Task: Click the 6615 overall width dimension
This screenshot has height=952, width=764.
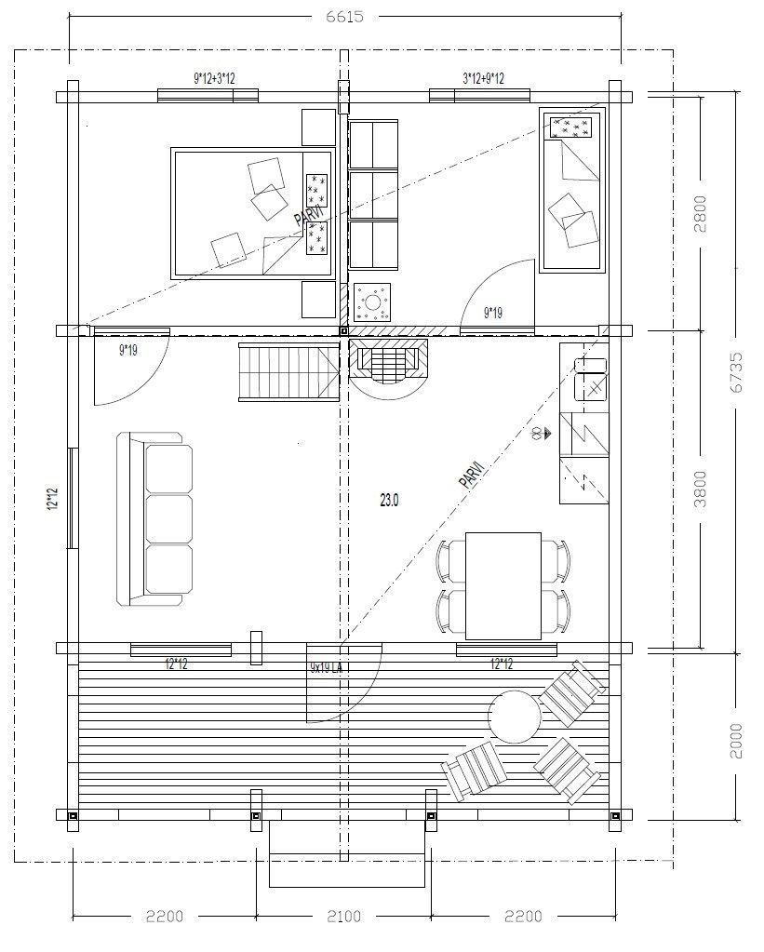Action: [344, 17]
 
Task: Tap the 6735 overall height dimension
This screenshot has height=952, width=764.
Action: [735, 373]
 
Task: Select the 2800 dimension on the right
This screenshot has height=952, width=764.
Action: [700, 214]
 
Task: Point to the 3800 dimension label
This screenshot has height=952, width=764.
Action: [700, 489]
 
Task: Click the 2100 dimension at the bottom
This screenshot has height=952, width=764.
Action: [343, 916]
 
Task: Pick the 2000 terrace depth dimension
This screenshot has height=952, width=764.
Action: [735, 741]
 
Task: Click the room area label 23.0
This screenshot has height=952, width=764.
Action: [389, 501]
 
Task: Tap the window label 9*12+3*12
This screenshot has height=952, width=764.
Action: [214, 78]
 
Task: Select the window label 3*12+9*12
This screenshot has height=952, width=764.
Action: [483, 78]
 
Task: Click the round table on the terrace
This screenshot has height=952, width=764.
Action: [515, 717]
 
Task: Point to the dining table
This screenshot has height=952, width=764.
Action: [503, 586]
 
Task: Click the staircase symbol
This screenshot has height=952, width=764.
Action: [288, 371]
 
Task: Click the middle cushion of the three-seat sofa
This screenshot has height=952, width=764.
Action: [169, 519]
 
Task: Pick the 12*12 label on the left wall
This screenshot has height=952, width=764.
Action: [53, 499]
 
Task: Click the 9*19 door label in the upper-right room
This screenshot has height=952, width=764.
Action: [493, 314]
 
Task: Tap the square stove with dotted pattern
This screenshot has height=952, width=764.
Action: [372, 302]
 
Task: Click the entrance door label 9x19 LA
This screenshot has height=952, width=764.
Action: [327, 667]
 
